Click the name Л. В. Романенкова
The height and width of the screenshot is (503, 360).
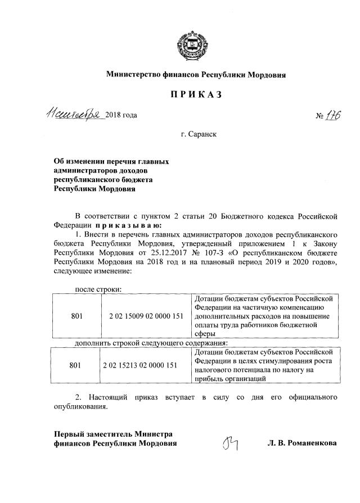click(x=302, y=443)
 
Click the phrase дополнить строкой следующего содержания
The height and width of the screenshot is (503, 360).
click(x=151, y=342)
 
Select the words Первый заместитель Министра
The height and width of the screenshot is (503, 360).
click(x=112, y=433)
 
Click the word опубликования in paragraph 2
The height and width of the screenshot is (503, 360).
click(x=80, y=407)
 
